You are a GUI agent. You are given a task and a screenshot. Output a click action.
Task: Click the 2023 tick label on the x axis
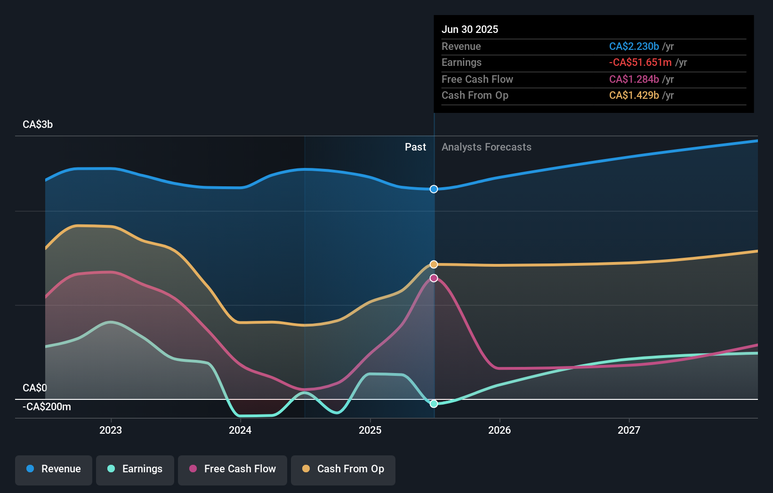[111, 430]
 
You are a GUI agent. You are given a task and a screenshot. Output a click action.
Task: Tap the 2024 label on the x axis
[240, 430]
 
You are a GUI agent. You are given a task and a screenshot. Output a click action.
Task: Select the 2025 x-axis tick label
[370, 430]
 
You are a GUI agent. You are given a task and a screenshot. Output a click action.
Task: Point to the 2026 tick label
[499, 430]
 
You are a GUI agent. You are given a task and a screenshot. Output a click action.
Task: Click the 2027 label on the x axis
[629, 430]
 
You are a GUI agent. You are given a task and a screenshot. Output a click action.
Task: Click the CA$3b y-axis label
[38, 125]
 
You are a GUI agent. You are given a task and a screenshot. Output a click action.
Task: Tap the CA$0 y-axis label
[35, 388]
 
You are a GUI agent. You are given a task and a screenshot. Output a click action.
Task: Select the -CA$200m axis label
[47, 407]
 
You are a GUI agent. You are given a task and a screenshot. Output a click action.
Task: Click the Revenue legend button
[54, 469]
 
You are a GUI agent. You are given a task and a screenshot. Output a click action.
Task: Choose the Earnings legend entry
[135, 469]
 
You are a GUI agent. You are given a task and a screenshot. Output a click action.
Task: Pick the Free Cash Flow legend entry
[233, 469]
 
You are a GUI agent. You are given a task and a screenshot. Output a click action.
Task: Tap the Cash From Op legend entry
[343, 469]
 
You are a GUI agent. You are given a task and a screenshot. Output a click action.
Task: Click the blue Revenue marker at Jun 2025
[434, 189]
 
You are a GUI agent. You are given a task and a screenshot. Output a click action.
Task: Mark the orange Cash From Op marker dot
[434, 264]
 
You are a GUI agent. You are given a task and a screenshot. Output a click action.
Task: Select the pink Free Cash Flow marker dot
[434, 278]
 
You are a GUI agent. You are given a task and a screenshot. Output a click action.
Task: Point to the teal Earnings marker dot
[434, 404]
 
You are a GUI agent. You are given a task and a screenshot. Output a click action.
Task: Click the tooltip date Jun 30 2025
[470, 29]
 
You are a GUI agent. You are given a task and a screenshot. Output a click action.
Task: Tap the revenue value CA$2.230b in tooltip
[634, 46]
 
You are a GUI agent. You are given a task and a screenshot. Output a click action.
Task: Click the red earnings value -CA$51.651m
[640, 63]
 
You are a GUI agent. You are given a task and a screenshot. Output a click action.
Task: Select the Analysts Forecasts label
[486, 147]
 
